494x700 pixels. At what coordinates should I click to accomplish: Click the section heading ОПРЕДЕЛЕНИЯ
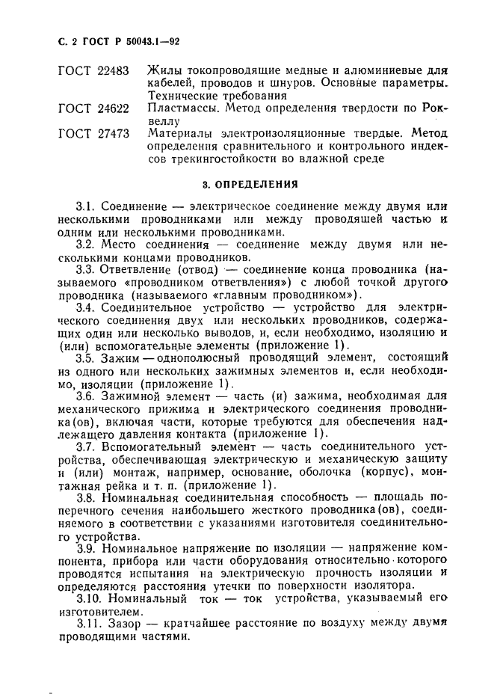tap(258, 182)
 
